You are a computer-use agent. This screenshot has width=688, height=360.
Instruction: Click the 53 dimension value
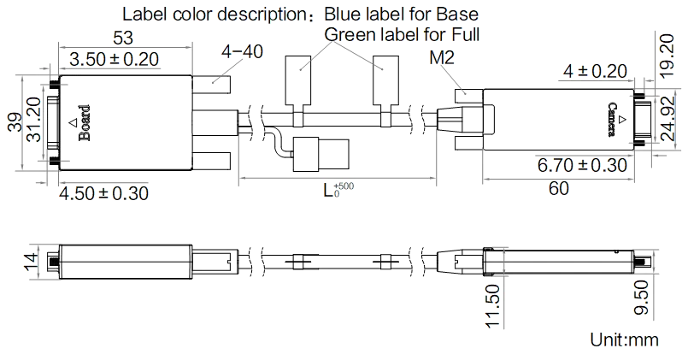(123, 38)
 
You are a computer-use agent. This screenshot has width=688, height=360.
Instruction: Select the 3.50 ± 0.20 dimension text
(114, 59)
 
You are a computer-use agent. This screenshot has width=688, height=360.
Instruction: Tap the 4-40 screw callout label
(242, 52)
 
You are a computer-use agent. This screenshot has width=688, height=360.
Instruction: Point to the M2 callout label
(442, 57)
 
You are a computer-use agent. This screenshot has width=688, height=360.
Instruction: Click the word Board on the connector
(85, 123)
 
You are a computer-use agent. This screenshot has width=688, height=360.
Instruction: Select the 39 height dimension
(15, 122)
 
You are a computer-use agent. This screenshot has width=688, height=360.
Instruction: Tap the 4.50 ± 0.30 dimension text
(103, 193)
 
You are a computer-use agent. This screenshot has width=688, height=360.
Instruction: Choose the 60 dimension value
(559, 188)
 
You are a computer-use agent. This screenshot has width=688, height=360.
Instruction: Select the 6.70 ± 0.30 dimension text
(582, 166)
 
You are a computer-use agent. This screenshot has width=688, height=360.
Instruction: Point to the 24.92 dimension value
(667, 119)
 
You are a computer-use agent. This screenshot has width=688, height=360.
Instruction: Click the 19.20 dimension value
(667, 56)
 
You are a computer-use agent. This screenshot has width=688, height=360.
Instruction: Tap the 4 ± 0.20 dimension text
(595, 71)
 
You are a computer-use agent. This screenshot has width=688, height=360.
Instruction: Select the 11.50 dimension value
(493, 305)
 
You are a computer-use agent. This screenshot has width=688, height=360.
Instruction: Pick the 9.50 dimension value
(642, 298)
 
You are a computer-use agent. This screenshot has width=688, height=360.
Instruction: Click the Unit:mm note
(624, 339)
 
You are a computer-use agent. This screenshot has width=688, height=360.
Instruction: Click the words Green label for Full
(402, 34)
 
